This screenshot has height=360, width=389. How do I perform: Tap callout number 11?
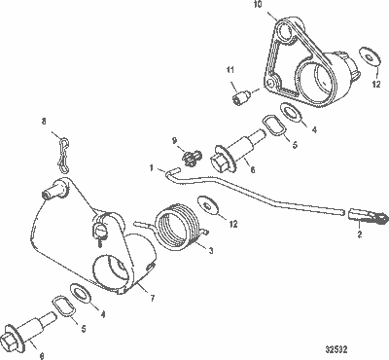pyautogui.click(x=231, y=70)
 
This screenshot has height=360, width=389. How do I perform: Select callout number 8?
pyautogui.click(x=44, y=122)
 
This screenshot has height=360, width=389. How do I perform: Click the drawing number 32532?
pyautogui.click(x=360, y=345)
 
